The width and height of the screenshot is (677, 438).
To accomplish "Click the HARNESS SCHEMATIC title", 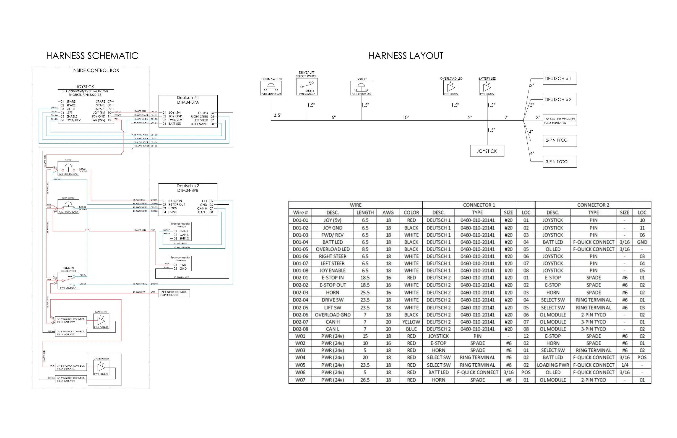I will tap(92, 56).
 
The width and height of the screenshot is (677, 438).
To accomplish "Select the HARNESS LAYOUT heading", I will tap(406, 56).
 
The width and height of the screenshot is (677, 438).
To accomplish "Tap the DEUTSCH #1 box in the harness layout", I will tap(559, 79).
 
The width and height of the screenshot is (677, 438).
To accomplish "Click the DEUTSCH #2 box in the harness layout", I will tap(559, 100).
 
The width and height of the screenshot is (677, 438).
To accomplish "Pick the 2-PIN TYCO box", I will tap(559, 140).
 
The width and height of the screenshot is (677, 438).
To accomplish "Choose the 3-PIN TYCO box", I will tap(559, 162).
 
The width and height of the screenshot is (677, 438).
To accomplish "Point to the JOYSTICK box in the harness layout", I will tap(487, 151).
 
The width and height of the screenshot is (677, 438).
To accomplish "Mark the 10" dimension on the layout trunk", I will tap(406, 117).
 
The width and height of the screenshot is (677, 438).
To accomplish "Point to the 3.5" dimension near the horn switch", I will tap(277, 115).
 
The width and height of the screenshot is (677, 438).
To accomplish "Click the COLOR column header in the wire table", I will tap(411, 212).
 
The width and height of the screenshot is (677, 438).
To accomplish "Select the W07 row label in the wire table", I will tap(300, 380).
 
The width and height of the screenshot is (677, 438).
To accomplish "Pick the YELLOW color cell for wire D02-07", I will tap(411, 322).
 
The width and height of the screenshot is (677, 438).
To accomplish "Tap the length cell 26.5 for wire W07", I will tap(365, 380).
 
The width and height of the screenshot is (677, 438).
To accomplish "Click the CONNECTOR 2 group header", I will tap(593, 205).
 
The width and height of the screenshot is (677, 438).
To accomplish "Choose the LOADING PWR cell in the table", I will tap(553, 365).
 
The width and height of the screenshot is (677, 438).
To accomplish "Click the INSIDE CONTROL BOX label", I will tap(96, 71).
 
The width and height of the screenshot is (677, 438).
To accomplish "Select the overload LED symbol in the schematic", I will tap(101, 367).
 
